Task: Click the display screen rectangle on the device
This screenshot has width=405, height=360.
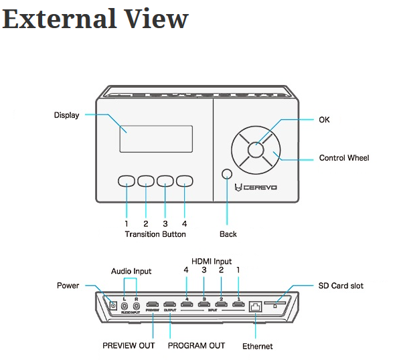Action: click(x=156, y=137)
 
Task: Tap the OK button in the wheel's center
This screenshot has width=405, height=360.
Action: click(x=256, y=148)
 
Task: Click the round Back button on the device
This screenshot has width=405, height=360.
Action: click(x=227, y=175)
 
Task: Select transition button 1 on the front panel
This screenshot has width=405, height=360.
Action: click(x=127, y=180)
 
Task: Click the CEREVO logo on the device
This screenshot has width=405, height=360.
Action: click(x=256, y=187)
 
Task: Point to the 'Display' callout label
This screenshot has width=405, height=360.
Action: click(x=66, y=115)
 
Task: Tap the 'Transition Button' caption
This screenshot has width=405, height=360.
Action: click(x=155, y=234)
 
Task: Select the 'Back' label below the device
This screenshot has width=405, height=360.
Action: click(x=228, y=234)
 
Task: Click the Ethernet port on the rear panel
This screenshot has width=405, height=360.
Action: click(x=255, y=306)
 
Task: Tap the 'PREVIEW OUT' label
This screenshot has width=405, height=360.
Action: click(x=129, y=345)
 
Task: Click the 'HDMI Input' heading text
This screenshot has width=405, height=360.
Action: click(x=212, y=261)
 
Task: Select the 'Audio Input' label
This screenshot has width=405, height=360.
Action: click(x=131, y=271)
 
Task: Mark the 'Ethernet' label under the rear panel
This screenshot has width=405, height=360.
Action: click(x=257, y=346)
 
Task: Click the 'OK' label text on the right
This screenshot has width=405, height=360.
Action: click(x=324, y=120)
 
